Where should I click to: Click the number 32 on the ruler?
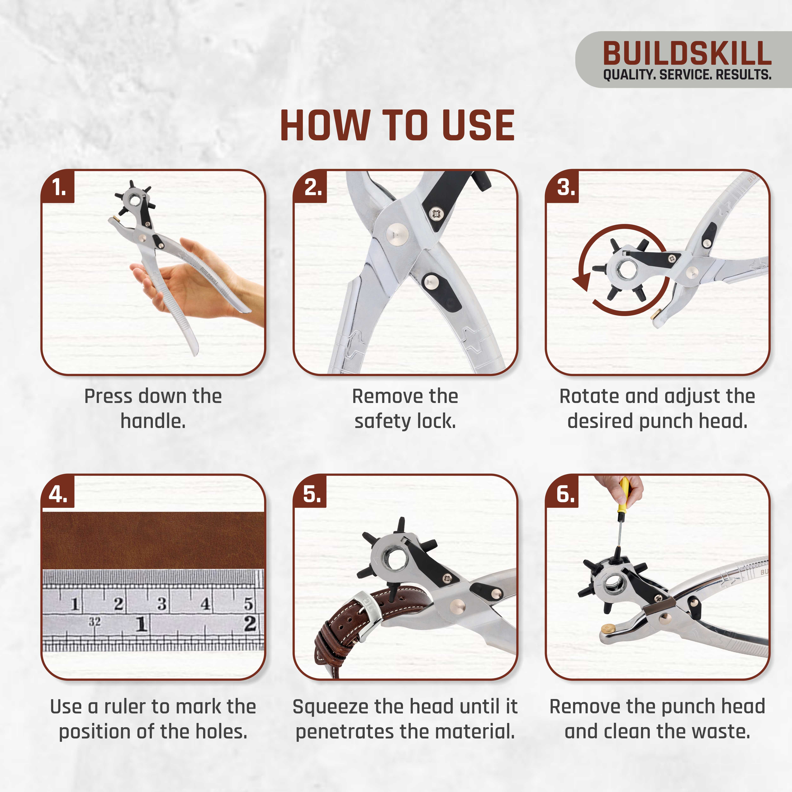(x=94, y=622)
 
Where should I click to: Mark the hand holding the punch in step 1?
(x=193, y=283)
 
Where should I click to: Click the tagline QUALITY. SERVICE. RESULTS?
(x=687, y=75)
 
